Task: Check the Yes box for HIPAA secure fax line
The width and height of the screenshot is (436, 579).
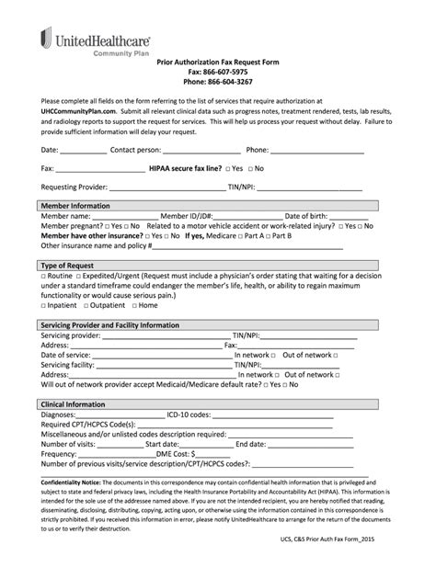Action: point(226,169)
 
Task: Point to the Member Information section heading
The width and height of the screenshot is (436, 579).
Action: point(75,206)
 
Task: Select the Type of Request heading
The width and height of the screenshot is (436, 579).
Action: point(68,265)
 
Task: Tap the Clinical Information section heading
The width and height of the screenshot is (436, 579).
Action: point(75,403)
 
